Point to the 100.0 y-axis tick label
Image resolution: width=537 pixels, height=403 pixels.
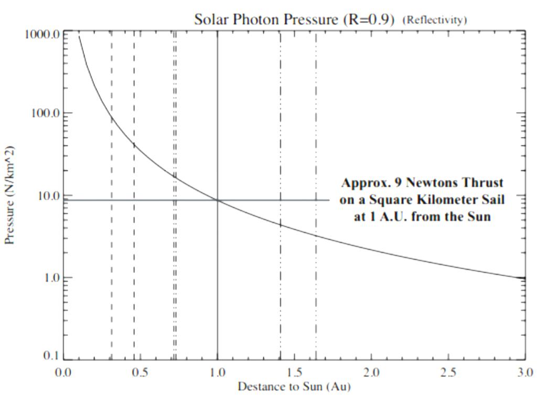44,113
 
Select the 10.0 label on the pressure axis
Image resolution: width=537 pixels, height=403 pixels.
46,196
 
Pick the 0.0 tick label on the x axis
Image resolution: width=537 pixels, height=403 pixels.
63,373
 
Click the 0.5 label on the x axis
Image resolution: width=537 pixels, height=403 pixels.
140,373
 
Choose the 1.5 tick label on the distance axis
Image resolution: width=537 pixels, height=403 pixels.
294,373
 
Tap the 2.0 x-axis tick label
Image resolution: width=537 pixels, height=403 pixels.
371,373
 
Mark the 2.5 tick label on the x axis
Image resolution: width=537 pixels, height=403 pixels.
448,373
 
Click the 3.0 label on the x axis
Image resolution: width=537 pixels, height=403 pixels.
525,373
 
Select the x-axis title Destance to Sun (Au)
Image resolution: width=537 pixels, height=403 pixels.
294,387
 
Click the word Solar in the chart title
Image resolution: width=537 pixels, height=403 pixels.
211,19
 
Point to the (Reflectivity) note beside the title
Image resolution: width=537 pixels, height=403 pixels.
434,20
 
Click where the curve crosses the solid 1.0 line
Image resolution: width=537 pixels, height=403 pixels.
218,200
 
